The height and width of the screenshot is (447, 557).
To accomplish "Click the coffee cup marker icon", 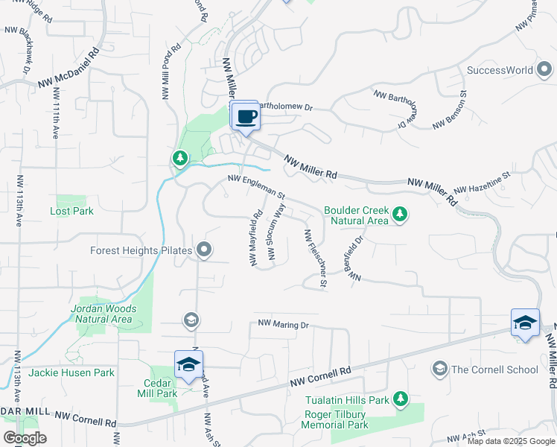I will pyautogui.click(x=246, y=116).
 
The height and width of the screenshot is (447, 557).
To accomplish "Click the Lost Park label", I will pyautogui.click(x=71, y=211).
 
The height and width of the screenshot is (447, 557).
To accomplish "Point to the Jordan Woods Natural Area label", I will pyautogui.click(x=104, y=314).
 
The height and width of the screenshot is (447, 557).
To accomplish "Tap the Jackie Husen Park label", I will pyautogui.click(x=71, y=372).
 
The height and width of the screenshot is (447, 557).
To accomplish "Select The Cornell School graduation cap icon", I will pyautogui.click(x=439, y=370).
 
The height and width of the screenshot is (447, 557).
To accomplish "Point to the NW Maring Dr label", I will pyautogui.click(x=283, y=325).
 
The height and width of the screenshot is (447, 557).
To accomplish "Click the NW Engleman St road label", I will pyautogui.click(x=257, y=185).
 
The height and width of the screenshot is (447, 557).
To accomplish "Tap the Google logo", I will pyautogui.click(x=24, y=438).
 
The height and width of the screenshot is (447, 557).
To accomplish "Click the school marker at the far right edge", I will pyautogui.click(x=525, y=323).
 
